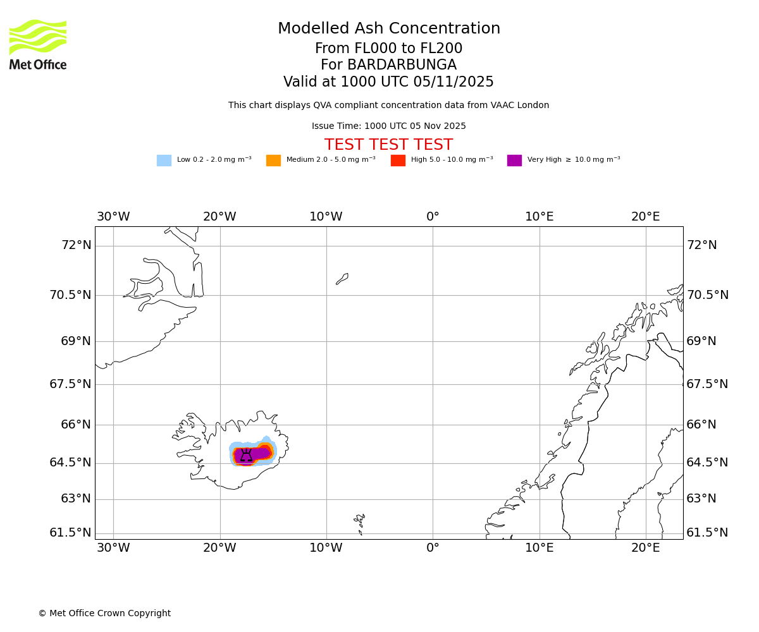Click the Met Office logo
38,44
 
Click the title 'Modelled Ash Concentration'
388,29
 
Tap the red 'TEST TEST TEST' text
388,145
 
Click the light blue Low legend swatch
164,161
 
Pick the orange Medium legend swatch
273,161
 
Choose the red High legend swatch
398,161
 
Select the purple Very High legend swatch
514,161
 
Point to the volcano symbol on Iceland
246,455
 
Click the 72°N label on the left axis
76,245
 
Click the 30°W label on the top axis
113,217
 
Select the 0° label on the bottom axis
433,548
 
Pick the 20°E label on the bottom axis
645,548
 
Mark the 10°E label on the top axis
539,217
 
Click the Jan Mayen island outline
342,279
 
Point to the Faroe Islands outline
360,521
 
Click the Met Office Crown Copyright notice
104,614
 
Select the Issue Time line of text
388,126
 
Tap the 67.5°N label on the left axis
70,384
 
